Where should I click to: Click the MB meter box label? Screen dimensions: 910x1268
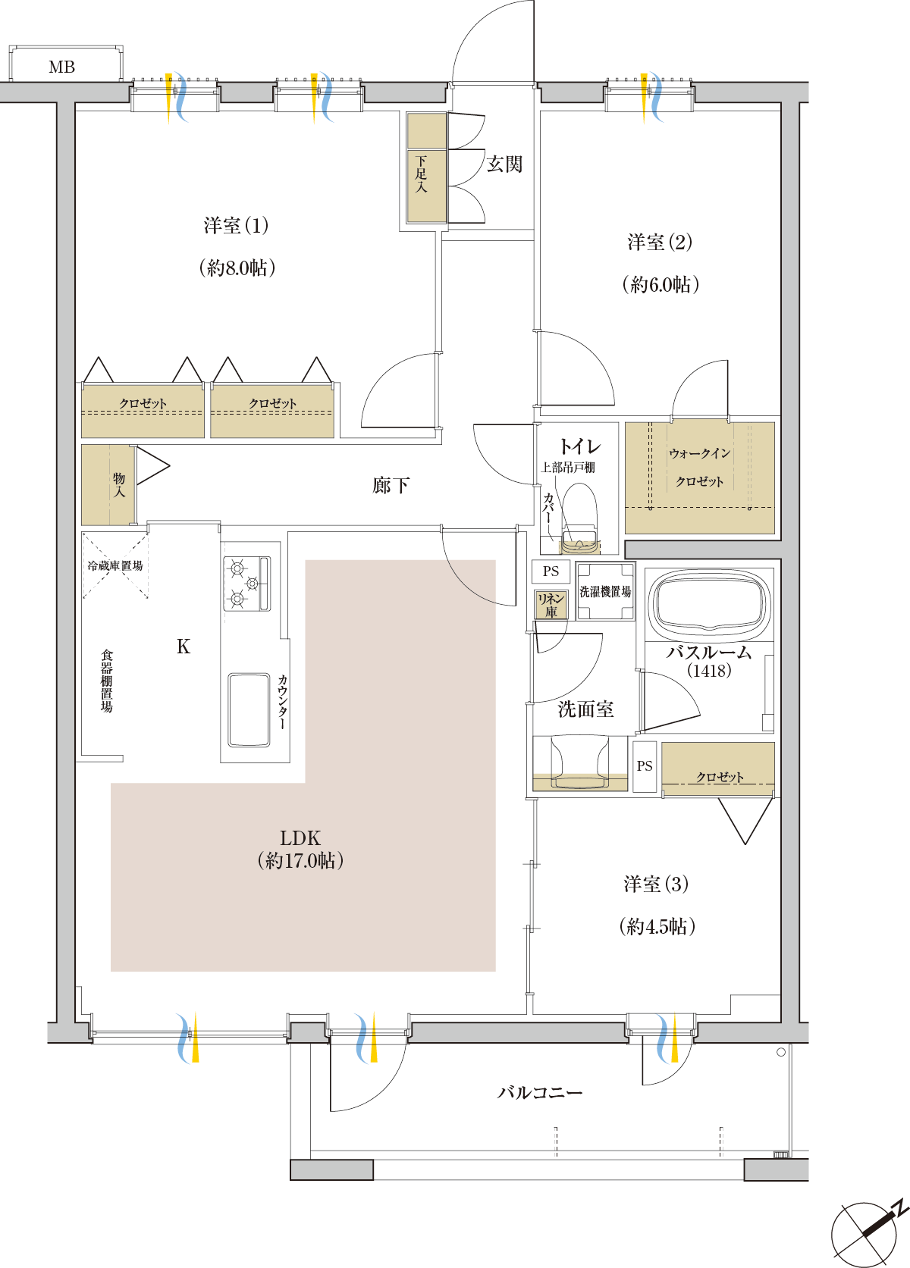[x=61, y=67]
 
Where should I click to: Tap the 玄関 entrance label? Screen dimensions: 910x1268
[x=504, y=164]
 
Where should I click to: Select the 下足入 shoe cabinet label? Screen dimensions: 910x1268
[x=421, y=174]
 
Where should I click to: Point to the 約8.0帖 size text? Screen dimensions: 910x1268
[x=237, y=268]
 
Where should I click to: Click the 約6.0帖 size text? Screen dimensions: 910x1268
[x=661, y=283]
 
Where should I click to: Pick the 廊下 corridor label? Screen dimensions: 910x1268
[x=391, y=485]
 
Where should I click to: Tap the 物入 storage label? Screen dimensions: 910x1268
[x=119, y=485]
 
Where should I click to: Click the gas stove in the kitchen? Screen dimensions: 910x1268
[x=247, y=584]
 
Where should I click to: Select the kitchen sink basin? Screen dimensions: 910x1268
[x=249, y=710]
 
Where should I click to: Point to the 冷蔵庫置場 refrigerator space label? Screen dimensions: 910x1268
[x=115, y=565]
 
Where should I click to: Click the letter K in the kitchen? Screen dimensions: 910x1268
[x=183, y=646]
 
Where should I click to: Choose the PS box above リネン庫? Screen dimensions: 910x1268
[x=551, y=571]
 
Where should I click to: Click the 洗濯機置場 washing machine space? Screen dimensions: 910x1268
[x=605, y=591]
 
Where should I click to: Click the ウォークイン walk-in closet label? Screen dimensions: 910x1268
[x=700, y=453]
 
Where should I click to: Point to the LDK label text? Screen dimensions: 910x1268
[x=300, y=838]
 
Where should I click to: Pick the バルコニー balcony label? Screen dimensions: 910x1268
[x=540, y=1092]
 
